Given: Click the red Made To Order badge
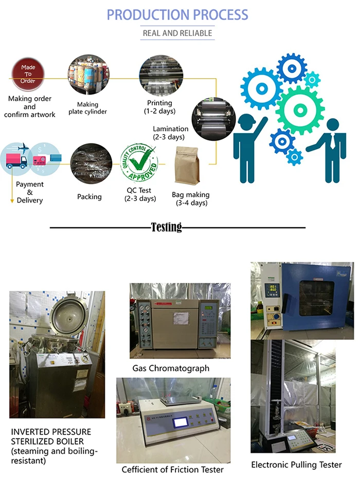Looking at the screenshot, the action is [x=28, y=74].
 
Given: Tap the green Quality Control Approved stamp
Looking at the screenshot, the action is [x=139, y=162].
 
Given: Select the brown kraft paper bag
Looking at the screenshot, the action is [x=187, y=166].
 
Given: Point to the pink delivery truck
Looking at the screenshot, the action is [x=16, y=161].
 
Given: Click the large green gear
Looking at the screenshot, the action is [x=300, y=110].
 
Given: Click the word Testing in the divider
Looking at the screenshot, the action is [x=166, y=227].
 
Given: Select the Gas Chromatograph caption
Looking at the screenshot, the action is [x=171, y=368].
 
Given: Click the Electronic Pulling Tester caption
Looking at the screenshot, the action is [x=296, y=465].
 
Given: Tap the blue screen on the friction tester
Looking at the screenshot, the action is [x=181, y=422].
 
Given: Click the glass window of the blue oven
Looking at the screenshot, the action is [x=316, y=298].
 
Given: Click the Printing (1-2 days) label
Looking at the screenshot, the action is [x=160, y=107].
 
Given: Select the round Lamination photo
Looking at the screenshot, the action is [x=214, y=119].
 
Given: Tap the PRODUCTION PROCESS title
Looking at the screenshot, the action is [x=177, y=15].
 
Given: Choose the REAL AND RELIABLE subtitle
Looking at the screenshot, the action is [x=177, y=33].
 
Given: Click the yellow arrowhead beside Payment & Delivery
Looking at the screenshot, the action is [x=12, y=201].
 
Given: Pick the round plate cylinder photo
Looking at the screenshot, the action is [x=88, y=74].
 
